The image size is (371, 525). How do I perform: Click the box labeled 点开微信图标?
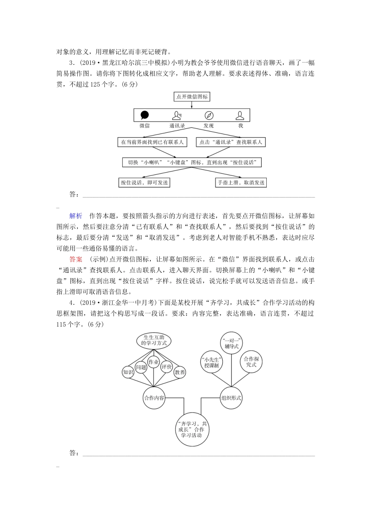[x=192, y=97]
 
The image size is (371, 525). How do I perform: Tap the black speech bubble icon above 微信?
[x=144, y=115]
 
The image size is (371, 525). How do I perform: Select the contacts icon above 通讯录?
[x=177, y=115]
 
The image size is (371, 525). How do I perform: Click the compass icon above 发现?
[x=209, y=115]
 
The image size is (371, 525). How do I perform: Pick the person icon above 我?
[x=240, y=115]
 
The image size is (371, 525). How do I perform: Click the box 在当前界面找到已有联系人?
[x=152, y=142]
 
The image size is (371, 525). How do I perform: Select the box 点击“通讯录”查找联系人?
[x=231, y=142]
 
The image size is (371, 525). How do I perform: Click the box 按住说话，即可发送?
[x=144, y=182]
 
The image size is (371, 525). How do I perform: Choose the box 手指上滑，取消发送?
[x=241, y=182]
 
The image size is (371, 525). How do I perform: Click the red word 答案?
[x=76, y=259]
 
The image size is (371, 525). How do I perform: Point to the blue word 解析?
[x=76, y=216]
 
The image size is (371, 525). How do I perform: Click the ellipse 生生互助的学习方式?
[x=154, y=339]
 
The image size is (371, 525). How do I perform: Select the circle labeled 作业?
[x=154, y=362]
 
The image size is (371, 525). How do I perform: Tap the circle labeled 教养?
[x=180, y=372]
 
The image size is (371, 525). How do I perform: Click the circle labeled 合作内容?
[x=154, y=398]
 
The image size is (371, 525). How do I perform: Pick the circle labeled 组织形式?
[x=231, y=398]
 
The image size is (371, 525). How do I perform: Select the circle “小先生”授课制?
[x=211, y=363]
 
